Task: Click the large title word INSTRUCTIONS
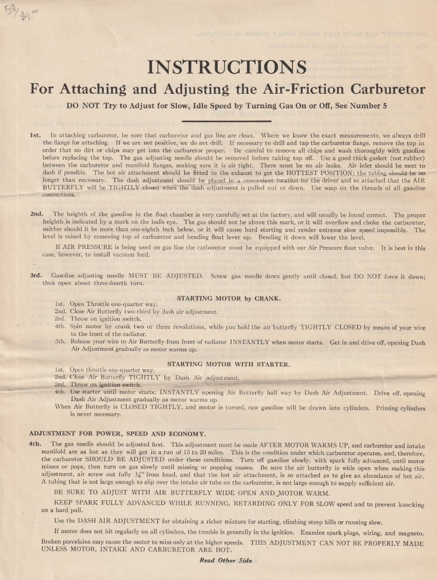pos(226,67)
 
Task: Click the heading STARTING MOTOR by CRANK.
pos(228,298)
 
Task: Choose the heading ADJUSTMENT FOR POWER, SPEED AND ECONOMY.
pos(117,433)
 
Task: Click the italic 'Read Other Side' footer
pos(226,560)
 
